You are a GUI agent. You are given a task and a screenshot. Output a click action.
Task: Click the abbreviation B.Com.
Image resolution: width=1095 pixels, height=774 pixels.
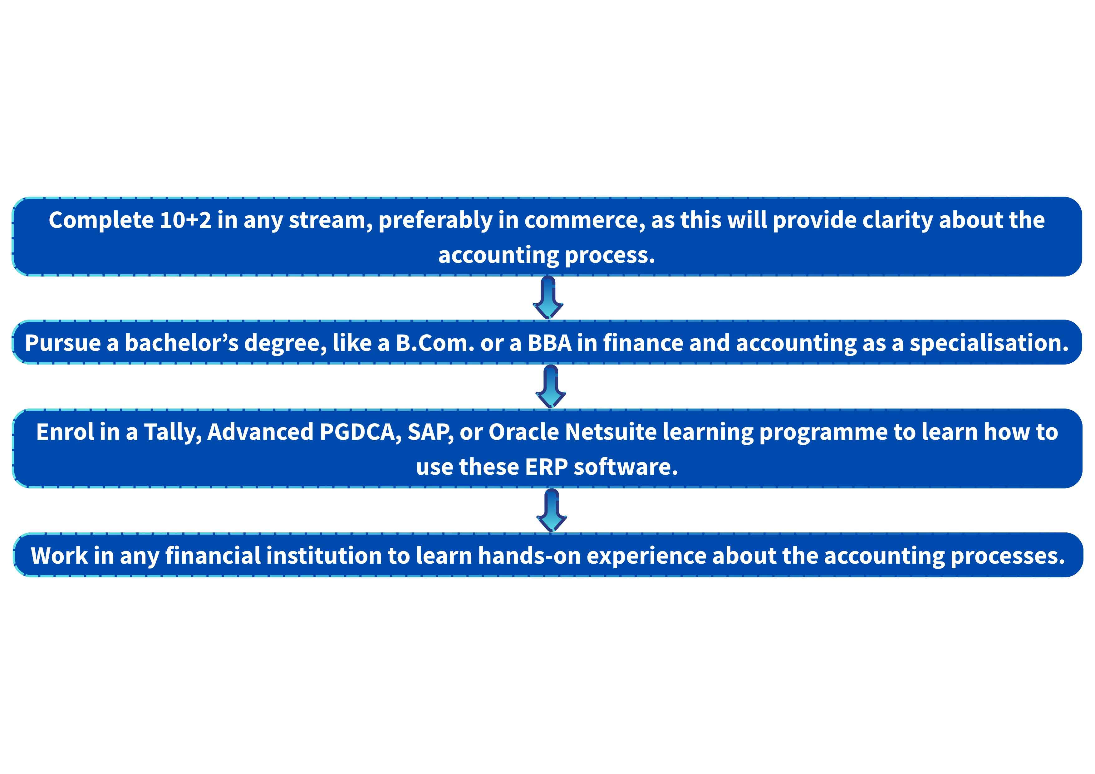[435, 343]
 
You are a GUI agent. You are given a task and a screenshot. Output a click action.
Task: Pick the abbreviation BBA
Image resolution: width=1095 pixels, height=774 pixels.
[549, 343]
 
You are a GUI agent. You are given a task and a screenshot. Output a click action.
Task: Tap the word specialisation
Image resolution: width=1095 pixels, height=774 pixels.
[989, 343]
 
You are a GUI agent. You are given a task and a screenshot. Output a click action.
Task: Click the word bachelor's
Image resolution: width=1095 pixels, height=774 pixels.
[182, 343]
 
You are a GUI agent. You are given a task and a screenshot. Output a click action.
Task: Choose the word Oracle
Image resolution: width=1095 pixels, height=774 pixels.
[524, 432]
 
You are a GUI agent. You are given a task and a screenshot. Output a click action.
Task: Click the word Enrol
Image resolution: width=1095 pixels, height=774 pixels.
[65, 432]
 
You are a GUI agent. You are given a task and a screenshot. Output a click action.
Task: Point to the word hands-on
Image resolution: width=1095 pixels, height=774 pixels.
[529, 556]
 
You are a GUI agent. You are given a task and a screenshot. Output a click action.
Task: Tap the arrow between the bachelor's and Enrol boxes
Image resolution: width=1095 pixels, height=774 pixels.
[551, 386]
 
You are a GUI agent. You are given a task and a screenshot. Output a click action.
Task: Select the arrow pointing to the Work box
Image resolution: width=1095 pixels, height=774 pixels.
[552, 510]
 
